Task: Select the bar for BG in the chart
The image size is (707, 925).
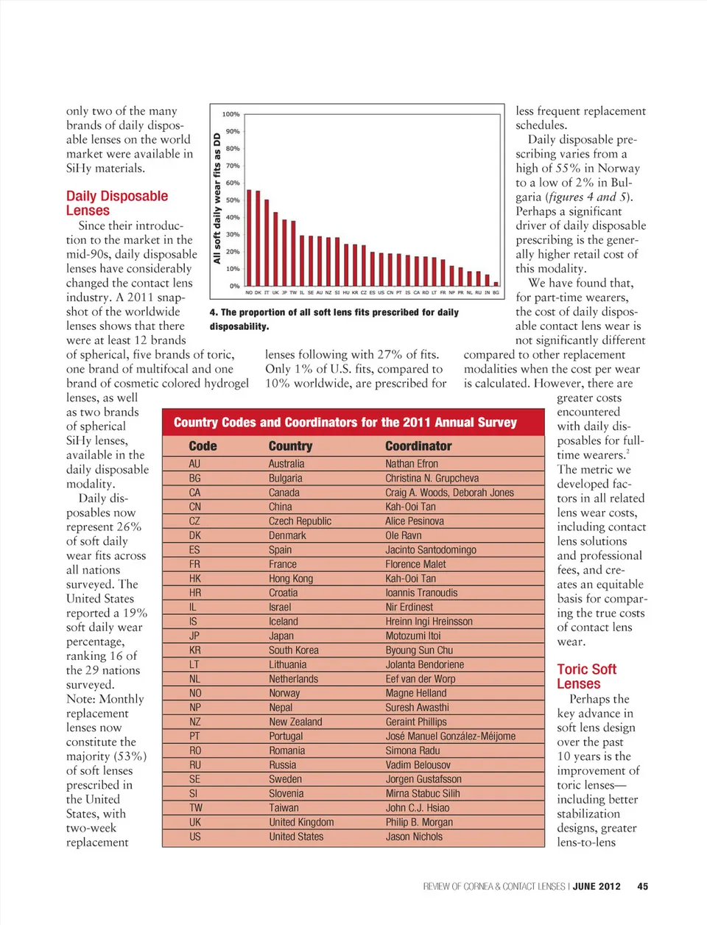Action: point(496,284)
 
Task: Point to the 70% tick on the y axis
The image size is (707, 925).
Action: point(233,166)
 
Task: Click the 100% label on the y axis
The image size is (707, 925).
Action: point(231,114)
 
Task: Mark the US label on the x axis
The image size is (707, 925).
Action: point(381,292)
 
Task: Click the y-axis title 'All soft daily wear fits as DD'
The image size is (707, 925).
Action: point(217,197)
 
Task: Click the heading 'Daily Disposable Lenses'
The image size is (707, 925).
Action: point(117,203)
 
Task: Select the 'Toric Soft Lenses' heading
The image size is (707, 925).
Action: point(586,676)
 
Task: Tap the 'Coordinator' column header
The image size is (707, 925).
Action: point(418,446)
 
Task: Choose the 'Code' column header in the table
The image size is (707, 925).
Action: point(203,446)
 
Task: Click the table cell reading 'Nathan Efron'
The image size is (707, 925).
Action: point(412,464)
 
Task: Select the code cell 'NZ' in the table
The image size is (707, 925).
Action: point(194,722)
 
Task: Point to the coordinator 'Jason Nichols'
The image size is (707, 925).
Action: point(414,837)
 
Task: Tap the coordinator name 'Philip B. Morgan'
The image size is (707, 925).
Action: point(419,822)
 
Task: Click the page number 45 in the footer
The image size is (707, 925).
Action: point(642,887)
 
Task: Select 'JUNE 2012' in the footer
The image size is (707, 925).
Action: point(597,887)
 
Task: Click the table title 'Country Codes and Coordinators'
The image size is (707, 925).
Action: point(345,423)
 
